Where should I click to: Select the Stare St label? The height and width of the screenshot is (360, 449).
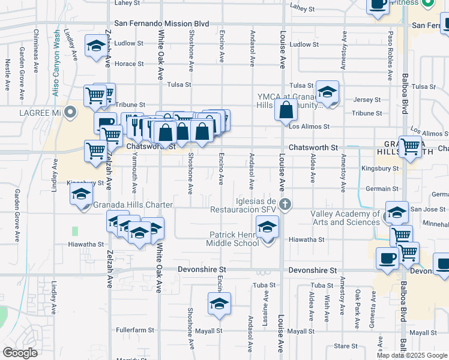tap(346, 346)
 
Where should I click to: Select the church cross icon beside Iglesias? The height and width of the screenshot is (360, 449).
tap(285, 204)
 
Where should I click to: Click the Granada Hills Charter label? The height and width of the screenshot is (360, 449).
tap(133, 205)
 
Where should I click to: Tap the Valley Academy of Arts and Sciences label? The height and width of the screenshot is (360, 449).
tap(345, 218)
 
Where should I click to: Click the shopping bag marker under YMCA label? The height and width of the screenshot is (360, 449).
tap(286, 110)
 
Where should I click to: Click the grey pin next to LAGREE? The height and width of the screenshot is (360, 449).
tap(71, 112)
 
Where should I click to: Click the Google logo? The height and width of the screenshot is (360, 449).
tap(20, 353)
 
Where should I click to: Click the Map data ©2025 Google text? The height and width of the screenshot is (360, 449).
tap(412, 355)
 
